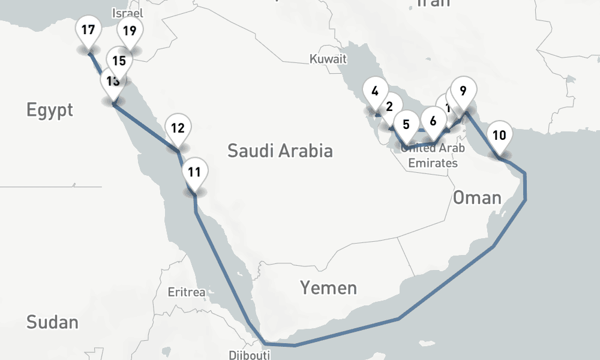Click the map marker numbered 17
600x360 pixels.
(88, 31)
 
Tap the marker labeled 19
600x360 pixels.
(129, 31)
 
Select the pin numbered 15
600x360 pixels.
(119, 60)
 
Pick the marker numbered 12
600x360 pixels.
(177, 128)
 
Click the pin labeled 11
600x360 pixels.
(194, 172)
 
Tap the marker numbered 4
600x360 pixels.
(375, 92)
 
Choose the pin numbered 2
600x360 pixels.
(390, 107)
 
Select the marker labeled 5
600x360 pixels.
(406, 125)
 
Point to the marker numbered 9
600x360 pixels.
(463, 91)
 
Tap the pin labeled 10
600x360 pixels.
(499, 135)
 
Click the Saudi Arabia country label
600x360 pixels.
(280, 150)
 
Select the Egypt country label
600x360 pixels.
(50, 110)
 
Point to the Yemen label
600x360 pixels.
(328, 288)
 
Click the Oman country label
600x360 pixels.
(477, 197)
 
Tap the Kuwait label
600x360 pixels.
(328, 59)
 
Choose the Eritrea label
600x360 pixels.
(187, 293)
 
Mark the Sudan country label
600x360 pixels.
(52, 322)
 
